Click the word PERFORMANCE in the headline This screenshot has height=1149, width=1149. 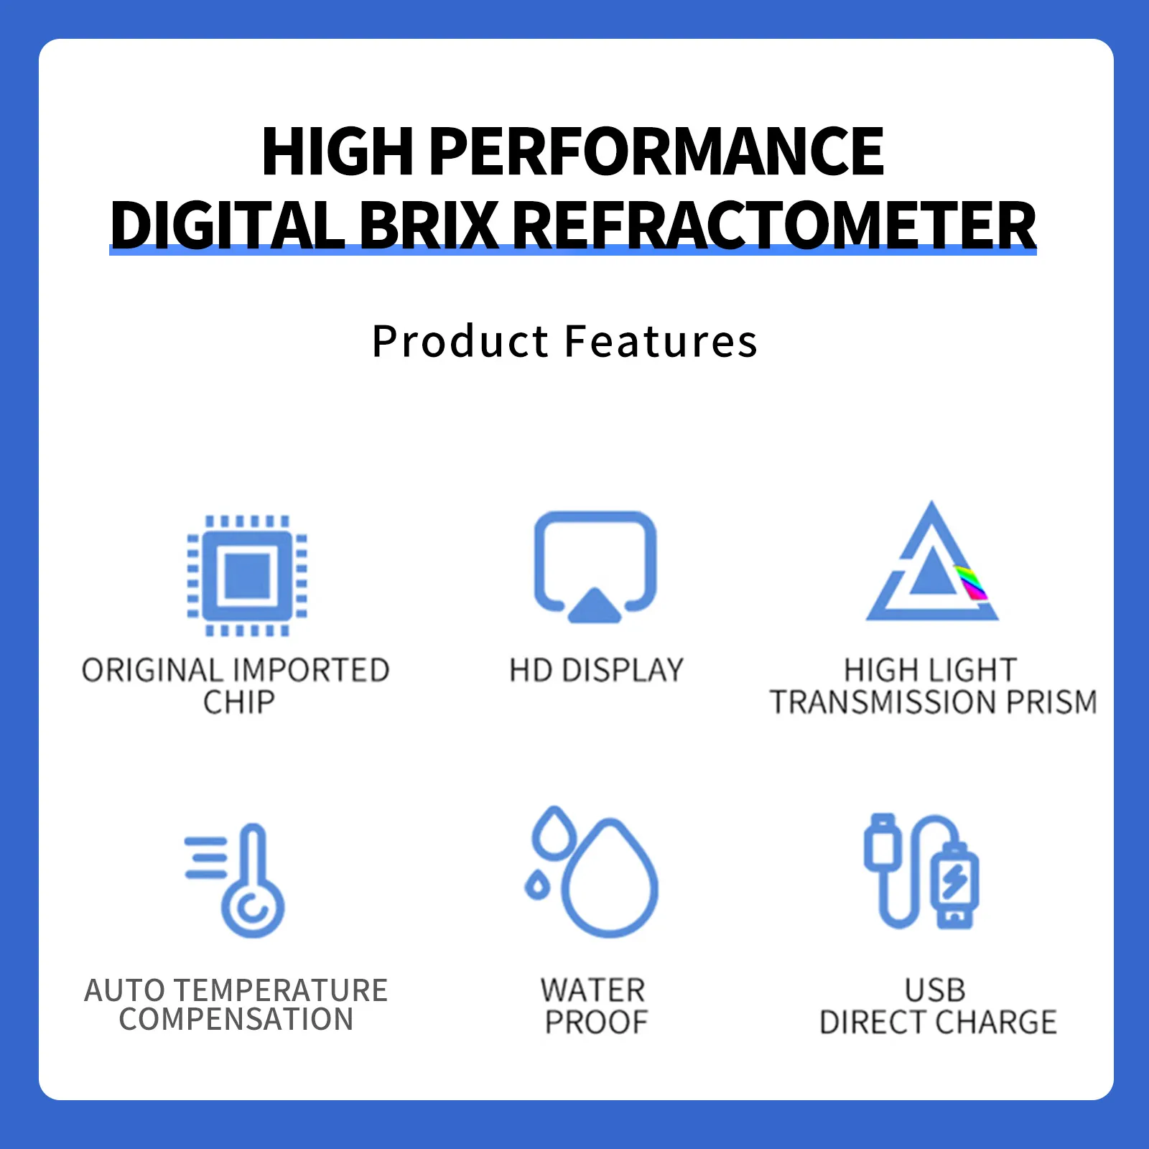click(x=656, y=152)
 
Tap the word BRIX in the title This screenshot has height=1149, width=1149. click(x=429, y=225)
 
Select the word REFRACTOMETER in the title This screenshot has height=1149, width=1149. click(x=775, y=225)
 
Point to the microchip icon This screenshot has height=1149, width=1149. click(x=248, y=576)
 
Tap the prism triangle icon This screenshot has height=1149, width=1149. click(x=931, y=567)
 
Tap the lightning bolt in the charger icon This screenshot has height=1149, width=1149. click(x=955, y=880)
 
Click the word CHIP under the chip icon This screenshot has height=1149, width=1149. click(x=239, y=702)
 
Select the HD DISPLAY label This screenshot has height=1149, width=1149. click(x=596, y=671)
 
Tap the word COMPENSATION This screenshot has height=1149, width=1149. click(x=236, y=1020)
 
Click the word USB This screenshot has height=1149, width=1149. click(x=935, y=991)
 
